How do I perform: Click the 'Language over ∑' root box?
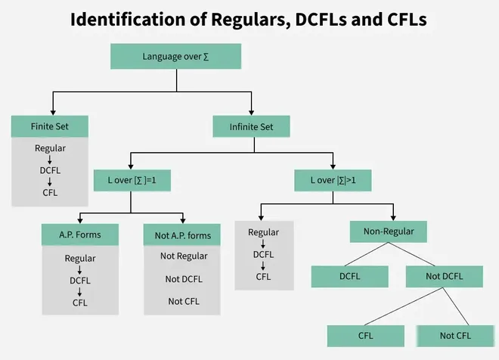click(175, 57)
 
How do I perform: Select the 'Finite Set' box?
click(50, 126)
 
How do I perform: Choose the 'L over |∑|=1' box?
click(131, 181)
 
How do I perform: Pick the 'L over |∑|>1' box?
click(334, 181)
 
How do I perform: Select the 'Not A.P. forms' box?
click(182, 236)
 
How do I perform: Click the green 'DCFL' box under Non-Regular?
click(350, 276)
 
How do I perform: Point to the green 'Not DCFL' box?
click(445, 276)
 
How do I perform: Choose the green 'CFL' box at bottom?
click(366, 334)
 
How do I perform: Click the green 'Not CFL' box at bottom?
click(454, 334)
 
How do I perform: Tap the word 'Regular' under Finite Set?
click(50, 148)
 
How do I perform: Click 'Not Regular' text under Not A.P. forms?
click(183, 256)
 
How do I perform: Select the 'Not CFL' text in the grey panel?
click(183, 302)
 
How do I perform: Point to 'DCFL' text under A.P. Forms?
click(80, 280)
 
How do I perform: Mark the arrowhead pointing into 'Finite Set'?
click(51, 111)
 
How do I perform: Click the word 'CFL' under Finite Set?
click(50, 192)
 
